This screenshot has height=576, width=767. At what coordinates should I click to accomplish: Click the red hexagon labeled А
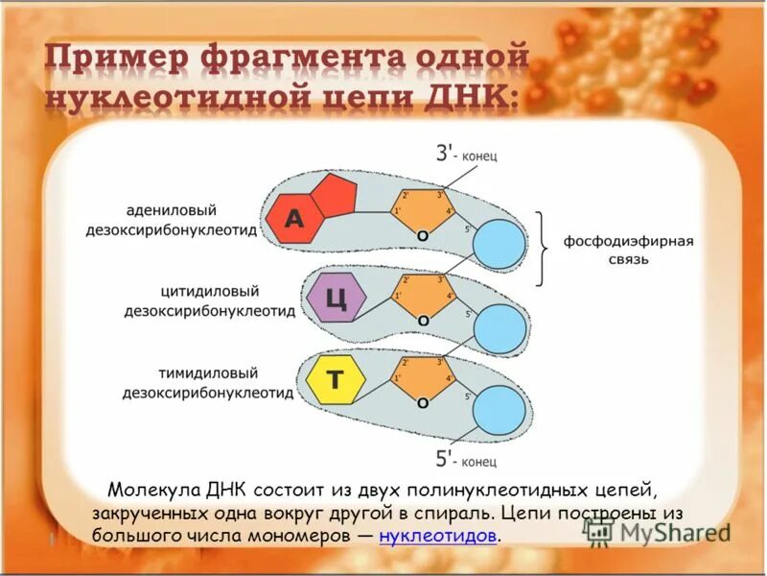[x=292, y=220]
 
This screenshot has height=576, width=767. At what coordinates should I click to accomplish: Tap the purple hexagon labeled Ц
[x=336, y=299]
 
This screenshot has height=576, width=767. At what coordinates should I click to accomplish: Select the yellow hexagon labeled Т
[x=335, y=380]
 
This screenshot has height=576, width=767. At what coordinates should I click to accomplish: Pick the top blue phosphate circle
[x=500, y=245]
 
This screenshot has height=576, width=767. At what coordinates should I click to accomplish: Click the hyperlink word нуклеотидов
[x=438, y=536]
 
